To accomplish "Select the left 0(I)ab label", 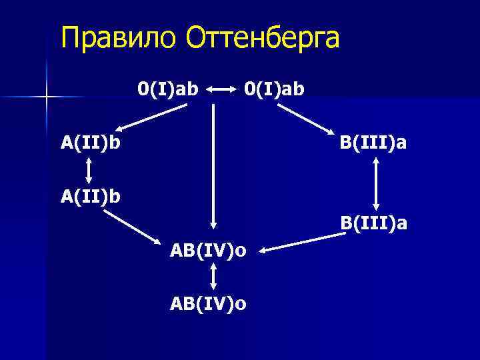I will pyautogui.click(x=168, y=87).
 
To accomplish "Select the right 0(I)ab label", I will pyautogui.click(x=274, y=87).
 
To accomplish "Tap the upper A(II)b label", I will pyautogui.click(x=91, y=142).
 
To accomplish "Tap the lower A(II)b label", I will pyautogui.click(x=91, y=198).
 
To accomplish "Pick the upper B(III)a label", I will pyautogui.click(x=373, y=142).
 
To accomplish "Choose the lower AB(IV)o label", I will pyautogui.click(x=209, y=304).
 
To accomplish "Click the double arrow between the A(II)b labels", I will pyautogui.click(x=89, y=170).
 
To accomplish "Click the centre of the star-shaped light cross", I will pyautogui.click(x=47, y=97).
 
